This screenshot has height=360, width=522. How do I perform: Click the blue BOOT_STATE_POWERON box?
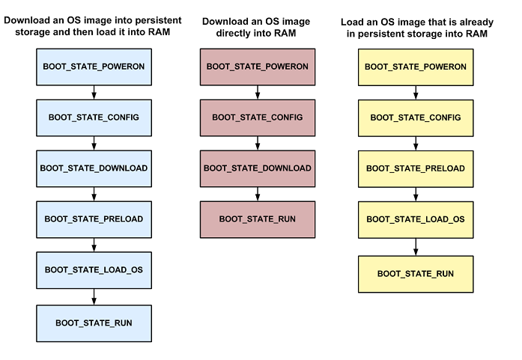94,67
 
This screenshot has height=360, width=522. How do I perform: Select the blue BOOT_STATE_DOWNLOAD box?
94,168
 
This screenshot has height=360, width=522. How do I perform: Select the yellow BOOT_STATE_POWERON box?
415,67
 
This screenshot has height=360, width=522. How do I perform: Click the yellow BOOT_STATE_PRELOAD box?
415,168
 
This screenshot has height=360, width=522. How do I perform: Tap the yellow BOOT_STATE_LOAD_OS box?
415,219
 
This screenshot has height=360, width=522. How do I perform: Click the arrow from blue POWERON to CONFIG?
94,92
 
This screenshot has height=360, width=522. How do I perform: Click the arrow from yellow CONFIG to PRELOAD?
415,143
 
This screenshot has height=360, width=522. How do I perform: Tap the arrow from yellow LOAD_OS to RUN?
415,245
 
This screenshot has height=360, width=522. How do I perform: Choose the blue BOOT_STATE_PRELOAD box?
94,219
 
